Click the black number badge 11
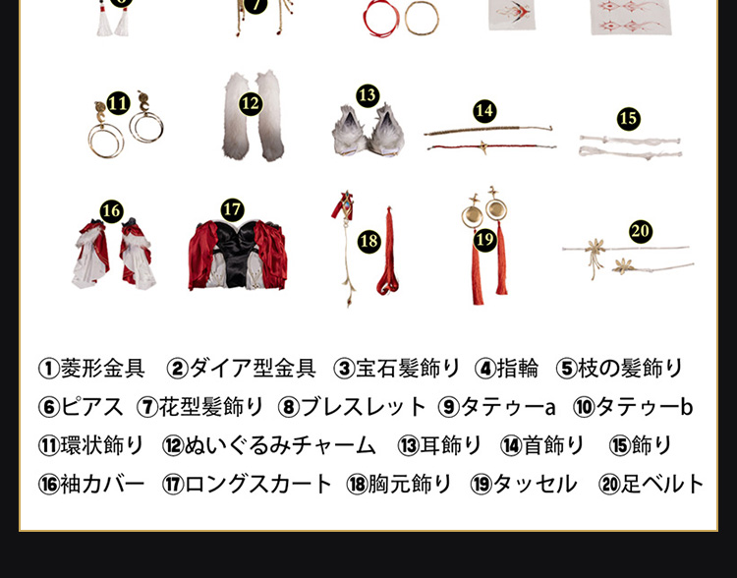point(118,103)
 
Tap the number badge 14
point(484,111)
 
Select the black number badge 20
point(641,231)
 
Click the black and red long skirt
point(238,255)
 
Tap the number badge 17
point(232,209)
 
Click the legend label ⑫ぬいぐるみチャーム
point(269,446)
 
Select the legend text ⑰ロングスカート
point(247,485)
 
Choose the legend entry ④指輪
point(506,369)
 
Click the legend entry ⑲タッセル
point(524,485)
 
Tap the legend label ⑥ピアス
point(81,407)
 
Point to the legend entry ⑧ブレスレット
point(352,407)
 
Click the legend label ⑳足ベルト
point(652,485)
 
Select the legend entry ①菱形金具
point(91,369)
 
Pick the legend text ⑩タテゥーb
point(633,407)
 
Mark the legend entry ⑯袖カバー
point(91,485)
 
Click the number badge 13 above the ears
point(368,95)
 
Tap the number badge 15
point(629,119)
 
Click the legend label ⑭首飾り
point(542,446)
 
